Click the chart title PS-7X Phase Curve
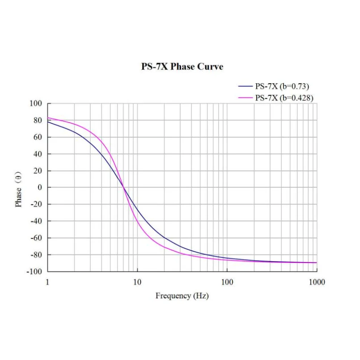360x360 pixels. pos(182,67)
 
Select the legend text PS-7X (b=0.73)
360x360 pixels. pos(282,86)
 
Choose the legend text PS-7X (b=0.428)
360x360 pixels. pos(284,98)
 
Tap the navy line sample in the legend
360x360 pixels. pos(246,86)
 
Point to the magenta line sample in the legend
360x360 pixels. pos(246,98)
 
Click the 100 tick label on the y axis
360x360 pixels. pos(36,104)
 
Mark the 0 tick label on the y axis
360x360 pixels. pos(40,187)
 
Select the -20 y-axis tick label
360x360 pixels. pos(36,204)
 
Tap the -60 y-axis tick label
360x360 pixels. pos(36,238)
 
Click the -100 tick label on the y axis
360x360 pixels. pos(34,271)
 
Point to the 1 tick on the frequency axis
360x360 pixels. pos(47,282)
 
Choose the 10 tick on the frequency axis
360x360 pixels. pos(137,282)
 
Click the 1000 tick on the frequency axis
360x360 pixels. pos(317,282)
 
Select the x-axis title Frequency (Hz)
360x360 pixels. pos(182,296)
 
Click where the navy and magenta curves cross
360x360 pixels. pos(124,188)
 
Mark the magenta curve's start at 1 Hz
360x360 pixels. pos(48,118)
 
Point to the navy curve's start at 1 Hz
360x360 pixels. pos(48,122)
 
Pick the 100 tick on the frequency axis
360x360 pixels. pos(227,282)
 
